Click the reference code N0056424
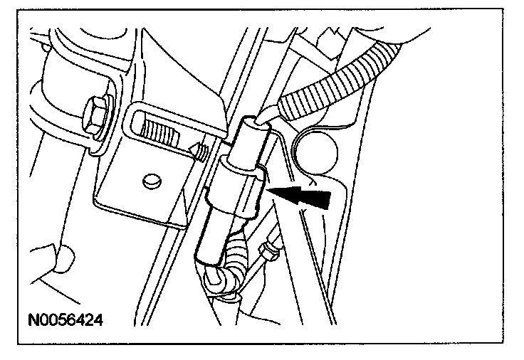[65, 321]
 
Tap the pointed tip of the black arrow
[268, 190]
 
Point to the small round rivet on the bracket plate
[152, 181]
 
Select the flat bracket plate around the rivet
[144, 191]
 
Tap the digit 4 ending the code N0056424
[98, 321]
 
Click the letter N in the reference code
[33, 321]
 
